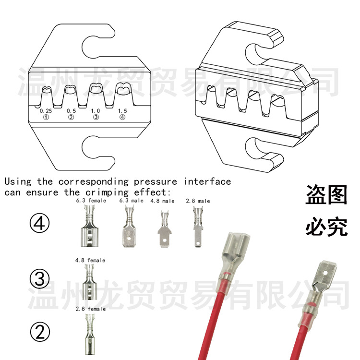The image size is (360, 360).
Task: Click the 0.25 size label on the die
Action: (47, 110)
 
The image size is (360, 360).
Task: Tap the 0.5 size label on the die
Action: (71, 110)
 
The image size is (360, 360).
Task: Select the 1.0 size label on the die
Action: (96, 110)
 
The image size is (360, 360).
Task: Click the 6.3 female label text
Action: (91, 201)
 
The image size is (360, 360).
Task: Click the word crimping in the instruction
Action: (103, 192)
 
